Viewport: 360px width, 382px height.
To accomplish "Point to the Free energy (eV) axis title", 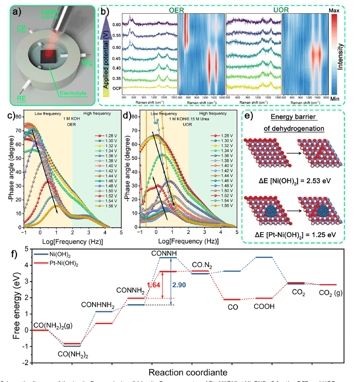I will [17, 305].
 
